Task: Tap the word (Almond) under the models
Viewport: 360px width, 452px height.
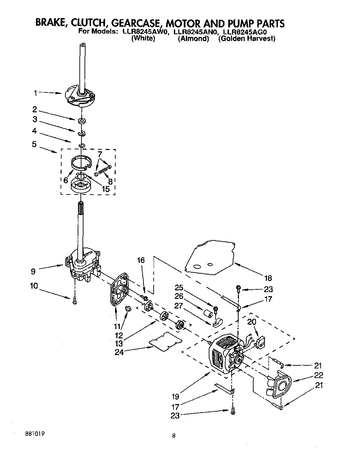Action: coord(193,39)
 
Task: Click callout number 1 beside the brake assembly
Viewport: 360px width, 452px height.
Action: coord(36,92)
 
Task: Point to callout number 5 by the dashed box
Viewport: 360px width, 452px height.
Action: coord(34,144)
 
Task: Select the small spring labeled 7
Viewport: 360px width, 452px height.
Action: coord(103,169)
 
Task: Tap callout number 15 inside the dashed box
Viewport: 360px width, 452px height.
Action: coord(105,189)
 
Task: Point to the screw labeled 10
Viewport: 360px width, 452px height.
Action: coord(74,301)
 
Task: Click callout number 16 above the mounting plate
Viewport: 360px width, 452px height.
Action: coord(141,260)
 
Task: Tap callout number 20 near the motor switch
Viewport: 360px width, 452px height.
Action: coord(252,322)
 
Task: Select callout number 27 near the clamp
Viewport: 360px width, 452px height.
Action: coord(179,306)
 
